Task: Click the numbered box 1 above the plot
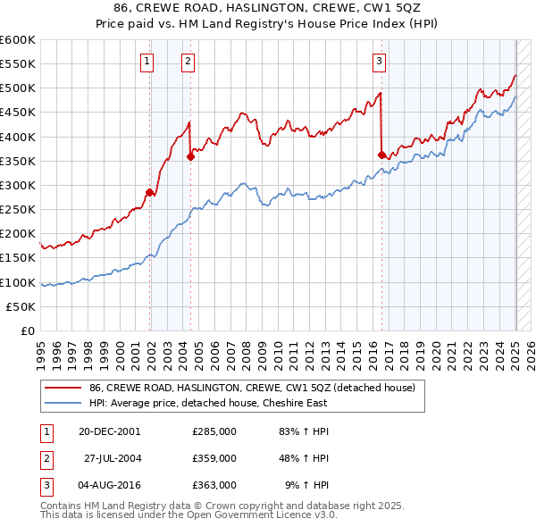coord(146,62)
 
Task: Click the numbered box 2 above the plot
coord(188,62)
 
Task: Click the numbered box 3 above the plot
coord(380,62)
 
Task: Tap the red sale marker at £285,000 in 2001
coord(150,192)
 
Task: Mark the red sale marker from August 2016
coord(382,155)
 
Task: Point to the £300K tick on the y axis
coord(18,186)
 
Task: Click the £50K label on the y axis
coord(21,306)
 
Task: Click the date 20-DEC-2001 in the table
coord(111,431)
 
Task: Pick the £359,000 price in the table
coord(214,458)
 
